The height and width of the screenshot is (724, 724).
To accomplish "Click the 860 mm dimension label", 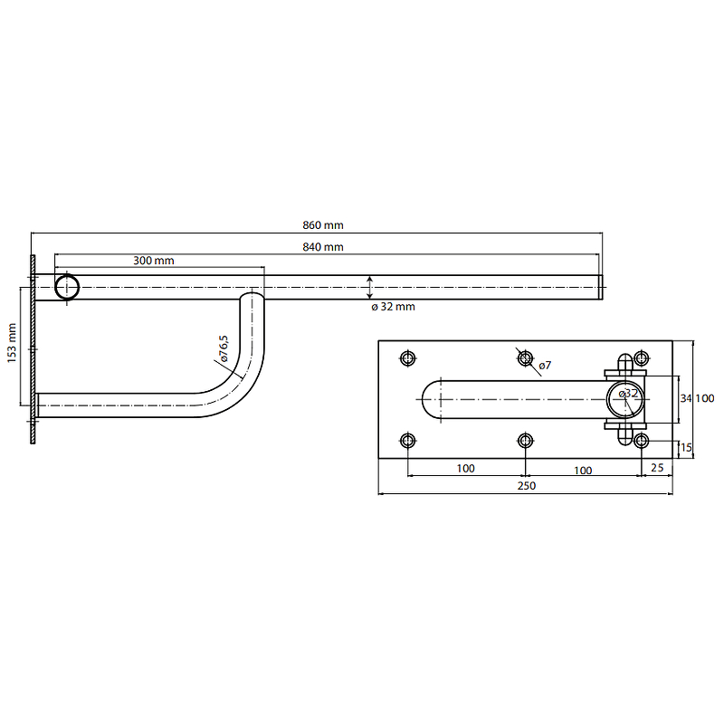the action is tap(323, 225).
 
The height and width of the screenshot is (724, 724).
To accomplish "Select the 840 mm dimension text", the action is tap(323, 247).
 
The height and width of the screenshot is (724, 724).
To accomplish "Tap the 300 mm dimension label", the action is tap(154, 261).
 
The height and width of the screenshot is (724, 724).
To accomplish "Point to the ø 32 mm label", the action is tap(393, 307).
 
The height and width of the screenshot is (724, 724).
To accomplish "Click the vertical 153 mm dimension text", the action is tap(12, 343).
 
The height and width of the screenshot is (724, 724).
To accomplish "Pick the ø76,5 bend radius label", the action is tap(224, 348).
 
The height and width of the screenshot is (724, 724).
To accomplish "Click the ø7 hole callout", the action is tap(545, 366).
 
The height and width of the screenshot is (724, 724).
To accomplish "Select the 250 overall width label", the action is tap(527, 486).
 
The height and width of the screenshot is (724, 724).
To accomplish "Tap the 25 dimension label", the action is tap(657, 468).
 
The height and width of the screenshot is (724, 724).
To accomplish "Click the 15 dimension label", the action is tap(686, 447).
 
